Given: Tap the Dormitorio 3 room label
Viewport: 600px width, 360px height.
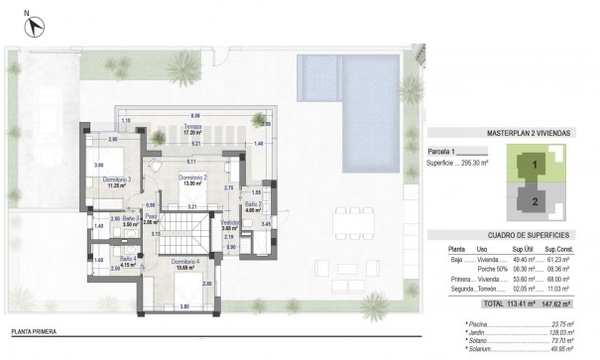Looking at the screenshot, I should (117, 180).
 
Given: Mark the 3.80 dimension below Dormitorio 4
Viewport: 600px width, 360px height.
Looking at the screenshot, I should (184, 306).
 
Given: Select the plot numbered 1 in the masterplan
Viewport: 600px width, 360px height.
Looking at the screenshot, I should (535, 164).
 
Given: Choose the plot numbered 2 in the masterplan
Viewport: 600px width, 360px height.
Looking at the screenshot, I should (535, 199).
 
